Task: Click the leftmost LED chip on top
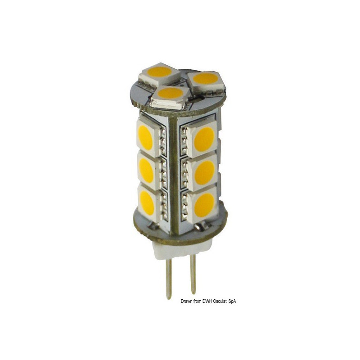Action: pos(159,72)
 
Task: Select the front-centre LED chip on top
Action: pos(171,94)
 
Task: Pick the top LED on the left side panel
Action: pos(146,138)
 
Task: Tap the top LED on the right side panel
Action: pos(203,139)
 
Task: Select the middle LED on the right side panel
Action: pos(204,172)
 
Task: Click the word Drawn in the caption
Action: pos(189,301)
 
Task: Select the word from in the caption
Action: pos(201,301)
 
